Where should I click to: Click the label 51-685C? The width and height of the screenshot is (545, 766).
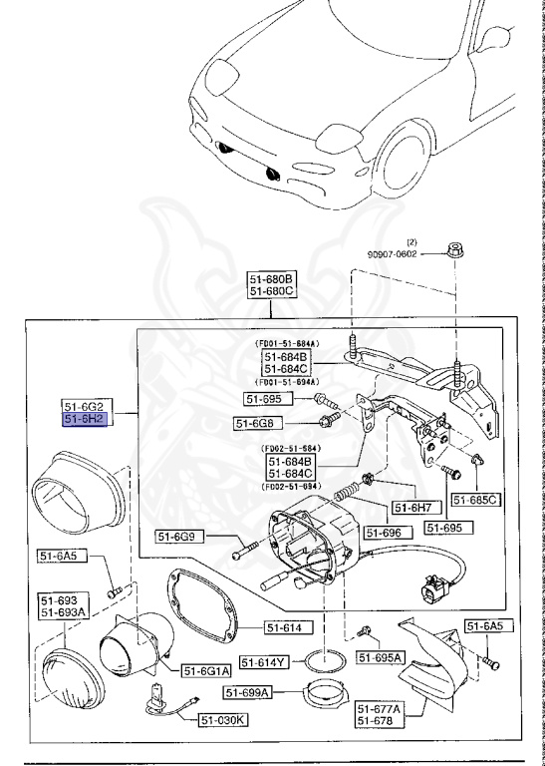[x=474, y=499]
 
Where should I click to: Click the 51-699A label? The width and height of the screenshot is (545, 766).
[x=247, y=692]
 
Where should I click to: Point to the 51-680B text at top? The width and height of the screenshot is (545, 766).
[x=272, y=278]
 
